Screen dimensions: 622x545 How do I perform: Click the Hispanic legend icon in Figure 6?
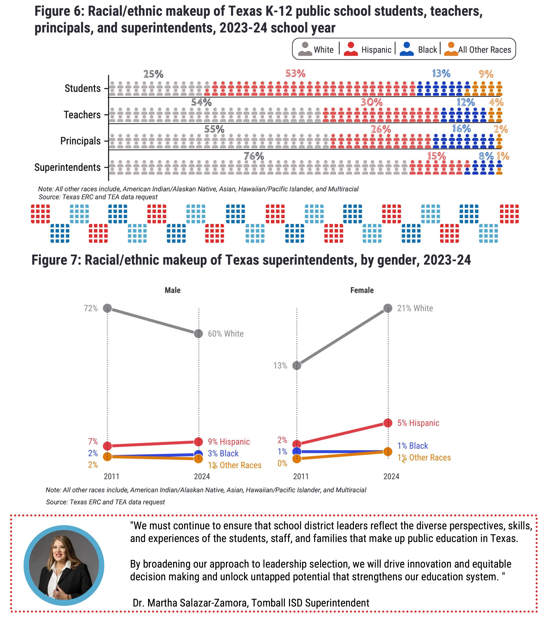pos(350,49)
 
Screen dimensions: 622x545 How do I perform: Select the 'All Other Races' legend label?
pos(484,50)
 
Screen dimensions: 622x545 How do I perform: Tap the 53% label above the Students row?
pos(295,74)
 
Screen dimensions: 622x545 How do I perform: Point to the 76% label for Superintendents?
pos(254,156)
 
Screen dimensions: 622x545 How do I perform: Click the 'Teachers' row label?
pos(82,115)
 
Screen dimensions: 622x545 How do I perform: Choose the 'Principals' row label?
pos(80,141)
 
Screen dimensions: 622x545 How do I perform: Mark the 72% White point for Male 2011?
pos(107,308)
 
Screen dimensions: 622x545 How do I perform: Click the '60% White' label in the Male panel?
pos(226,334)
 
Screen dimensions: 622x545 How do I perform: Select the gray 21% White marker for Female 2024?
pos(388,308)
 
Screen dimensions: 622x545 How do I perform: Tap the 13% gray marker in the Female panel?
pos(297,365)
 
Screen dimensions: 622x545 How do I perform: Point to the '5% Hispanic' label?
pos(418,423)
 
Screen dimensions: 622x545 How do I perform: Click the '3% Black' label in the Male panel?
pos(223,453)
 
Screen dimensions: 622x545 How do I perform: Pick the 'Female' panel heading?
pos(362,290)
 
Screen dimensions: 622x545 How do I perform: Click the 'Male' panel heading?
pos(172,290)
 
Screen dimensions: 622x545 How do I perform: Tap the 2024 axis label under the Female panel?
pos(391,476)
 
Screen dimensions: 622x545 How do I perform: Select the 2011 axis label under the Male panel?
pos(112,476)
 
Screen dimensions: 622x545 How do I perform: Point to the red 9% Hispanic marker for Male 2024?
pos(198,441)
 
